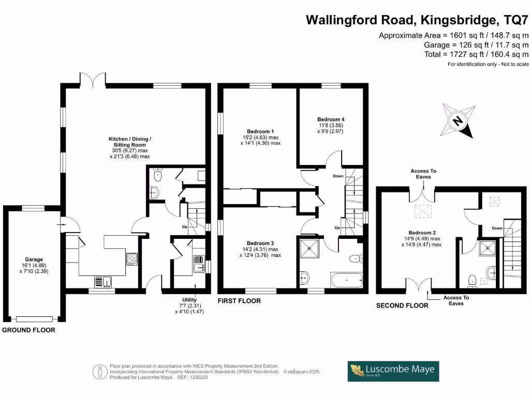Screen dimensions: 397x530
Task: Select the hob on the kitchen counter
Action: (x=131, y=259)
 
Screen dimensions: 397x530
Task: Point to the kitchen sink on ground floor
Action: (x=101, y=281)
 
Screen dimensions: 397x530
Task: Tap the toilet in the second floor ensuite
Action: (x=472, y=280)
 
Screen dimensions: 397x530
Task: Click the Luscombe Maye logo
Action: (x=393, y=371)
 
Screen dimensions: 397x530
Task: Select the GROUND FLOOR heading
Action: (x=28, y=330)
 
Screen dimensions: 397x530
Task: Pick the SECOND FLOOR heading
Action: (x=402, y=306)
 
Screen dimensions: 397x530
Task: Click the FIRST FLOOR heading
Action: (x=239, y=301)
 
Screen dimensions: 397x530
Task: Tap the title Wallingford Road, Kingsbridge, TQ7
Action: (x=417, y=20)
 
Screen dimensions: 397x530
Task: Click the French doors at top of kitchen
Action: (x=94, y=79)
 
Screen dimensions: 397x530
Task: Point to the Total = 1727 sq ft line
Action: (x=476, y=54)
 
